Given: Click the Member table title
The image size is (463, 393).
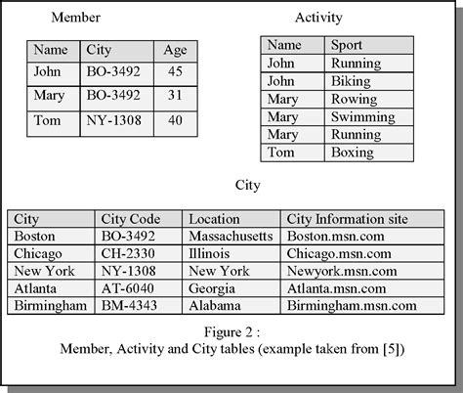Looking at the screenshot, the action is tap(74, 18).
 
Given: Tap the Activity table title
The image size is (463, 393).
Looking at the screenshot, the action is tap(318, 17).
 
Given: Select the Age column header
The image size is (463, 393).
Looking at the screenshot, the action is tap(175, 49).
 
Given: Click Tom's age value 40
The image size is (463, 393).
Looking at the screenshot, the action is tap(175, 121).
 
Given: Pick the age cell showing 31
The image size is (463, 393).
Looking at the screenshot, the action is tap(175, 95).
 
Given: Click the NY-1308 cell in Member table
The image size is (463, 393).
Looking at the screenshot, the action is tap(112, 121).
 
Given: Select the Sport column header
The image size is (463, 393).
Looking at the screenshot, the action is tap(348, 45).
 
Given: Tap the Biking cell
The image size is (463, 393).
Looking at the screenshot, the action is tap(352, 81).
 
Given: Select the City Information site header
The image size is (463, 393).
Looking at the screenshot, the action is tap(346, 219).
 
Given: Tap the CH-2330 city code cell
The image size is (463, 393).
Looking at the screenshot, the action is tap(127, 253).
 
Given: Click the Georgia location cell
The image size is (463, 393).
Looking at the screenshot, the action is tap(212, 288).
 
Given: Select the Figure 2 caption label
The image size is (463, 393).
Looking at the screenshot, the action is tap(231, 329).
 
